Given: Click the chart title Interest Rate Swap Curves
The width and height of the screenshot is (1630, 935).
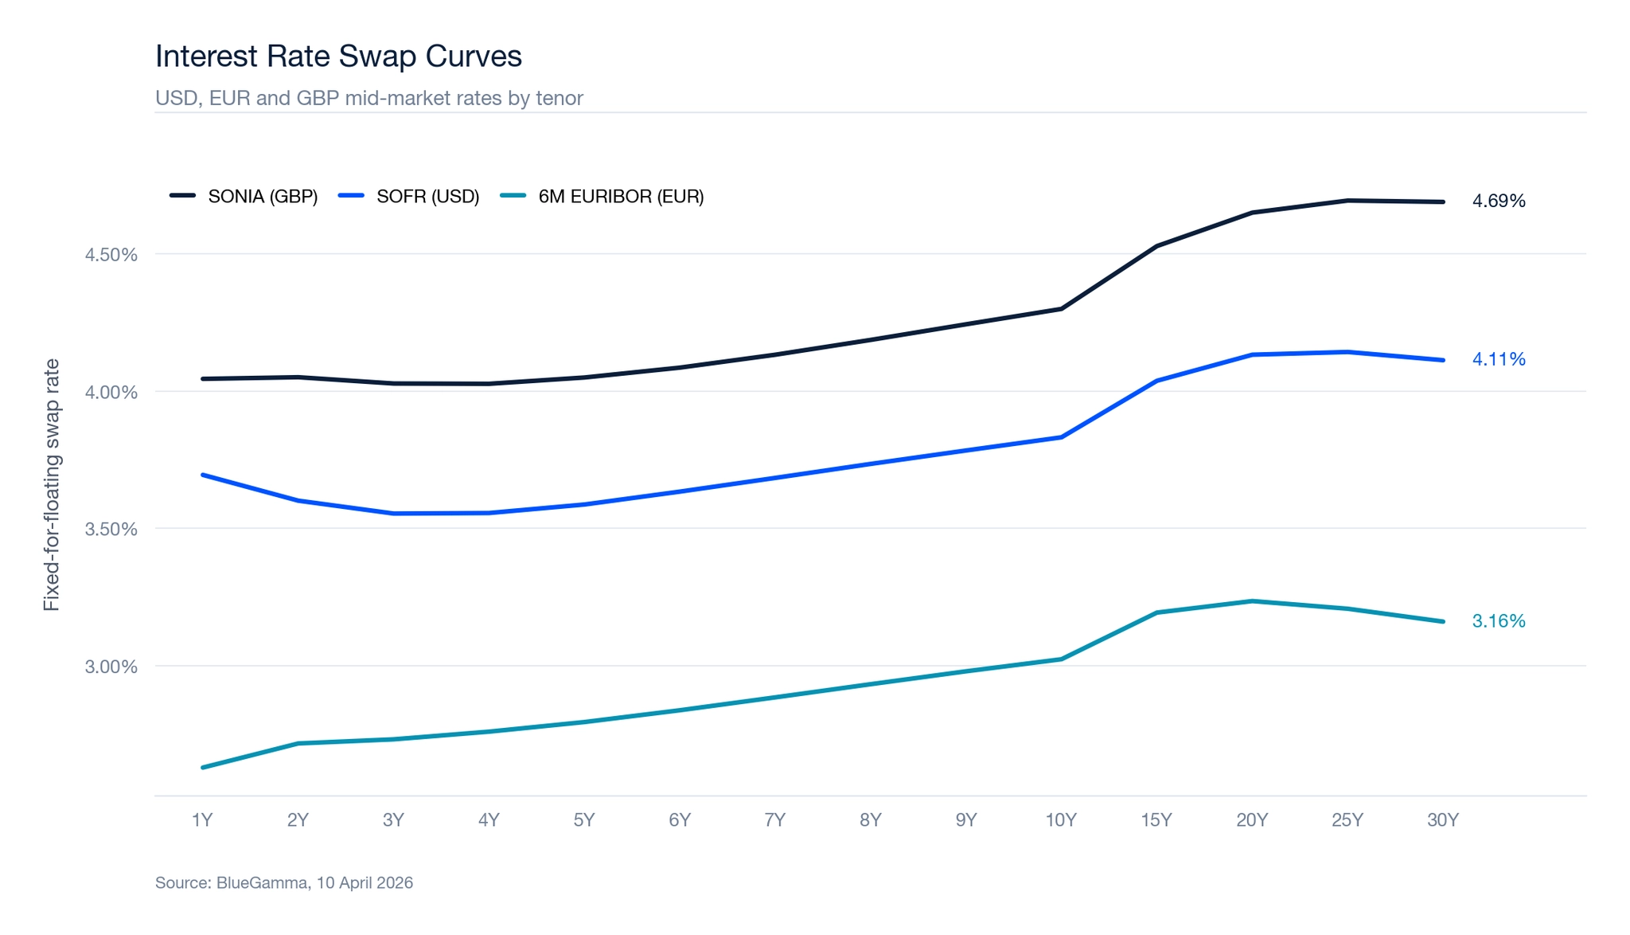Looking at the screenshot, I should click(x=338, y=57).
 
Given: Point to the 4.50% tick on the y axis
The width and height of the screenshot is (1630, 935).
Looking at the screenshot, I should click(x=111, y=255).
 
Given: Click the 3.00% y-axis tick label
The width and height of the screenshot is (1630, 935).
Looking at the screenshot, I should click(x=111, y=667).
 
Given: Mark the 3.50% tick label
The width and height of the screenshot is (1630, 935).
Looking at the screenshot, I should click(x=111, y=530).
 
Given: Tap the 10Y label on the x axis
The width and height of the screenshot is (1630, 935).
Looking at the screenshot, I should click(x=1061, y=820).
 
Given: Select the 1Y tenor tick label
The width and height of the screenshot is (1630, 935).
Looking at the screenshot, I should click(x=202, y=820).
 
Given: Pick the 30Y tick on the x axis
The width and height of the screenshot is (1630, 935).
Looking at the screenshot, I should click(x=1442, y=820).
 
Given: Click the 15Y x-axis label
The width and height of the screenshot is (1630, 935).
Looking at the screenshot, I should click(x=1156, y=820).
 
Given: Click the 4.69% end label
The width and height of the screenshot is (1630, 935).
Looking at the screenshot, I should click(x=1498, y=201).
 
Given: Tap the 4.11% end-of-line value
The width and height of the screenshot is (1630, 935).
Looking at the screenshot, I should click(x=1498, y=359).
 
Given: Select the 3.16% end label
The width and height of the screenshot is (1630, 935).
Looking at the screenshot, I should click(x=1498, y=621).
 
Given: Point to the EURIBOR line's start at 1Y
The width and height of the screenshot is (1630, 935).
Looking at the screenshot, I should click(x=203, y=767).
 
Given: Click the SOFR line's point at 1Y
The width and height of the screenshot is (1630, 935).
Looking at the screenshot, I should click(x=203, y=475).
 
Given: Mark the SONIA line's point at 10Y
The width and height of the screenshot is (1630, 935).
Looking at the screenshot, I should click(x=1061, y=308).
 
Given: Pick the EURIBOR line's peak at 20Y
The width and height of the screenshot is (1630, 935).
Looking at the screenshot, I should click(x=1252, y=601).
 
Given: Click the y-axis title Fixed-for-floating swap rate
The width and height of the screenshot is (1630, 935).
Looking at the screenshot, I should click(x=52, y=485).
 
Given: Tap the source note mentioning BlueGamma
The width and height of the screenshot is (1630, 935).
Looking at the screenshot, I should click(x=283, y=882).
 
